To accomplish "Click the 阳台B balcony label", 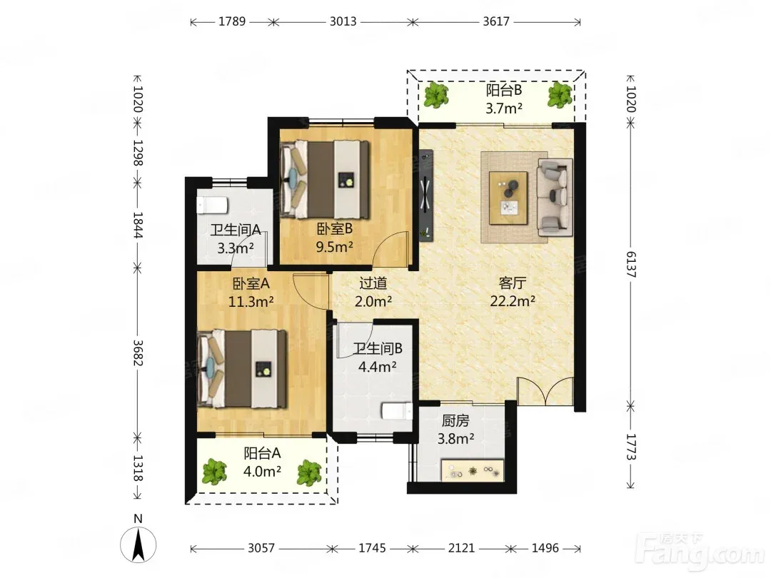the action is pyautogui.click(x=504, y=91).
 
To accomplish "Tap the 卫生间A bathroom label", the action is pyautogui.click(x=236, y=230).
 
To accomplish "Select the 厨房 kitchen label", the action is pyautogui.click(x=455, y=421).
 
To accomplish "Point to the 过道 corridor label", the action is pyautogui.click(x=373, y=283).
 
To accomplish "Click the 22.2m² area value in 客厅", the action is pyautogui.click(x=513, y=301).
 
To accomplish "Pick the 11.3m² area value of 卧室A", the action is pyautogui.click(x=251, y=301).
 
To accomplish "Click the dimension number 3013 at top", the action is pyautogui.click(x=343, y=21).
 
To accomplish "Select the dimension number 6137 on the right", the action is pyautogui.click(x=631, y=265).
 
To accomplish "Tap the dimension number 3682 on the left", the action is pyautogui.click(x=138, y=353).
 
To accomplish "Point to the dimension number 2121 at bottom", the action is pyautogui.click(x=461, y=548).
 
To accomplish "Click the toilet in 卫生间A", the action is pyautogui.click(x=212, y=205).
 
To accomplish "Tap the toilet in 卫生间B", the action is pyautogui.click(x=398, y=411).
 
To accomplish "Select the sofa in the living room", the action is pyautogui.click(x=555, y=197).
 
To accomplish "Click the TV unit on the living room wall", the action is pyautogui.click(x=425, y=195).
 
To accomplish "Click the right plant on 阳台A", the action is pyautogui.click(x=309, y=472).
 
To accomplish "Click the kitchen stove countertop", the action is pyautogui.click(x=473, y=470).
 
